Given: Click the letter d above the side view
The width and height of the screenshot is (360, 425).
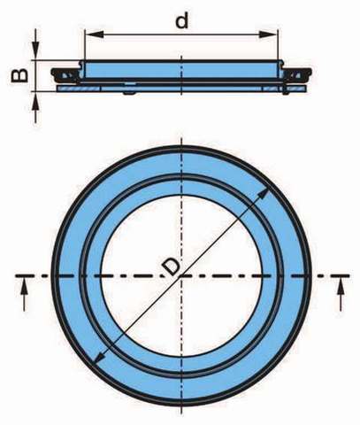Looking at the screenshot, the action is [x=181, y=20].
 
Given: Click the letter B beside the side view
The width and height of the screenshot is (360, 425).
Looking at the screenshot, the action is [x=20, y=75].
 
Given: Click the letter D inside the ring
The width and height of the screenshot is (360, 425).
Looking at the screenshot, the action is [x=171, y=267].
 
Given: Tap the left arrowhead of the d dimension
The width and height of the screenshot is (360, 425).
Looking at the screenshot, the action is [x=95, y=34].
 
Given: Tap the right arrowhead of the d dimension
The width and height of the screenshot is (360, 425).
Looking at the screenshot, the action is [x=268, y=34].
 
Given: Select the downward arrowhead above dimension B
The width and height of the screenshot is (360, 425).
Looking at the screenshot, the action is [x=35, y=50].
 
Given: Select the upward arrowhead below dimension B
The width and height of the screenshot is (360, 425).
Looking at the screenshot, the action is [x=35, y=101].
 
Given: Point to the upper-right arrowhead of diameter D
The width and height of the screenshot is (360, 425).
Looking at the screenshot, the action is [x=264, y=194].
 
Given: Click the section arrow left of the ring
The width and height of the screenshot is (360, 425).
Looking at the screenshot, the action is [x=25, y=293].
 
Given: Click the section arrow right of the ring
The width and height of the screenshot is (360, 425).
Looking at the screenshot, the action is [x=341, y=293].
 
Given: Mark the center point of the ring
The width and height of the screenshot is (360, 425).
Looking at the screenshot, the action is [x=181, y=275].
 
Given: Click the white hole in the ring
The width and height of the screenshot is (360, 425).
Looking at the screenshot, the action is [x=181, y=275].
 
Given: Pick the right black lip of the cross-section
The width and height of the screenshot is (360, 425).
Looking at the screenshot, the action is [x=297, y=73].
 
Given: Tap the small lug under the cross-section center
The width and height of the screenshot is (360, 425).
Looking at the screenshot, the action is [x=129, y=93].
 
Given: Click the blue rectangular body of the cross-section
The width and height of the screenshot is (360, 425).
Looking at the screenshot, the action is [x=181, y=70].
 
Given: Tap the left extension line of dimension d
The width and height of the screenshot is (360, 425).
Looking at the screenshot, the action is [x=85, y=44].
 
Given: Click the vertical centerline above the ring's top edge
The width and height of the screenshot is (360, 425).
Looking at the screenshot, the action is [x=181, y=141].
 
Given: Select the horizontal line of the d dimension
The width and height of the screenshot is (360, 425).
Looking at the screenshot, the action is [x=181, y=34].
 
